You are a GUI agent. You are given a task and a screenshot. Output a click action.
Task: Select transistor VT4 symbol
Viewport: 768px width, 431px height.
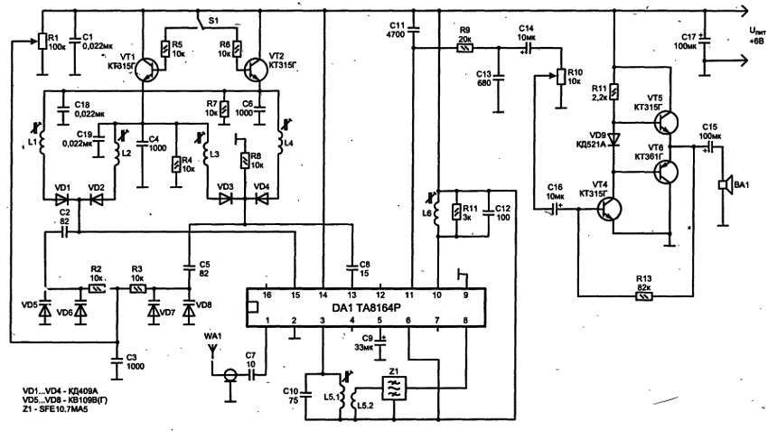(x=609, y=210)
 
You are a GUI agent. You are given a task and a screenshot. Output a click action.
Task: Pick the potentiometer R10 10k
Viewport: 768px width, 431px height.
(x=560, y=77)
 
